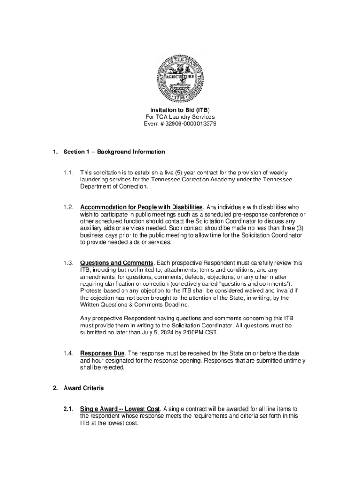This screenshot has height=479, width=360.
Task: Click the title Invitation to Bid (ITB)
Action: click(180, 110)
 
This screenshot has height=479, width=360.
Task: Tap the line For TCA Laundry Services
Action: click(180, 117)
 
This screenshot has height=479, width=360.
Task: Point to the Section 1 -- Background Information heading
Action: click(114, 152)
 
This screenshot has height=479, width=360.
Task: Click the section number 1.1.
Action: click(68, 173)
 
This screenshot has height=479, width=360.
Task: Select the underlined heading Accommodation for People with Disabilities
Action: click(142, 207)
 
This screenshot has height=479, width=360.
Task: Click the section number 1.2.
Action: click(68, 207)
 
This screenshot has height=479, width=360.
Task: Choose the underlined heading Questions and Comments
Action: click(117, 263)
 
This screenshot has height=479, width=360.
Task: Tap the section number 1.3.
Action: click(68, 263)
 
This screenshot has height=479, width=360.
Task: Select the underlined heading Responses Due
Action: click(102, 353)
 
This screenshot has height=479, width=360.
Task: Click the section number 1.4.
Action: click(68, 353)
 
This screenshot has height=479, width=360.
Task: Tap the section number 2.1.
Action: click(68, 409)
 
